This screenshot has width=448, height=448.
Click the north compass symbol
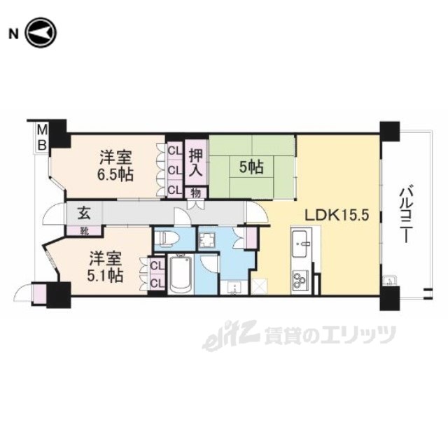(x=41, y=33)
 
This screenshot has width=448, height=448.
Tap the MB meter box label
(x=42, y=139)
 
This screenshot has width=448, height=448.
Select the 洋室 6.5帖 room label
(x=115, y=166)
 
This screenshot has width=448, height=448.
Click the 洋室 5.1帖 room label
(x=106, y=267)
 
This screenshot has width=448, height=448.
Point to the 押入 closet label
(x=196, y=162)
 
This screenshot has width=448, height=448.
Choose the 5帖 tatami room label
(x=251, y=167)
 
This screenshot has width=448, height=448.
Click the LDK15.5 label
(x=337, y=215)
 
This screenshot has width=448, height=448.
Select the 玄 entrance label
(x=85, y=213)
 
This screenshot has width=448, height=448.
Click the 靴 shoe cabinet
(x=84, y=230)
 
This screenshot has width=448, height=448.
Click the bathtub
(x=181, y=274)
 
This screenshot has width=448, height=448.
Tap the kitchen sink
(x=300, y=244)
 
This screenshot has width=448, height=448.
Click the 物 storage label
(x=196, y=193)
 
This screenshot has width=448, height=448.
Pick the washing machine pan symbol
(x=208, y=237)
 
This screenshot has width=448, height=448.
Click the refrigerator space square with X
(x=259, y=286)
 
